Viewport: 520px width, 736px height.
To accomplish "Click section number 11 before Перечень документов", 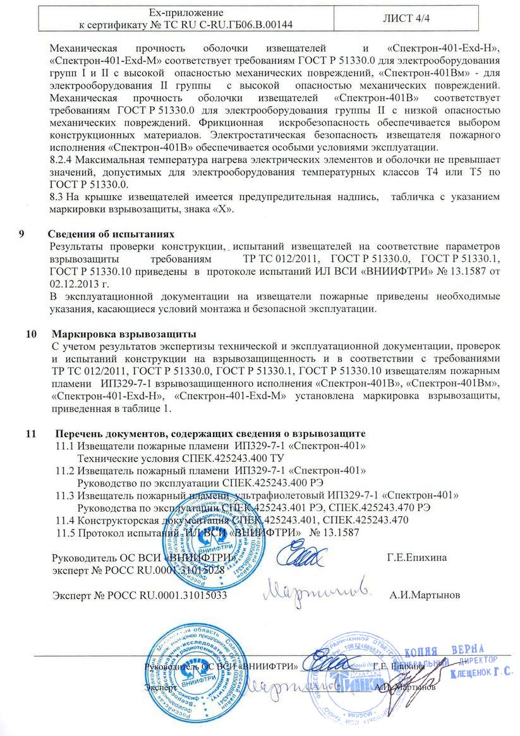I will [x=30, y=434].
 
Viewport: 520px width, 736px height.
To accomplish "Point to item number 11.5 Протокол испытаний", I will [x=66, y=533].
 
